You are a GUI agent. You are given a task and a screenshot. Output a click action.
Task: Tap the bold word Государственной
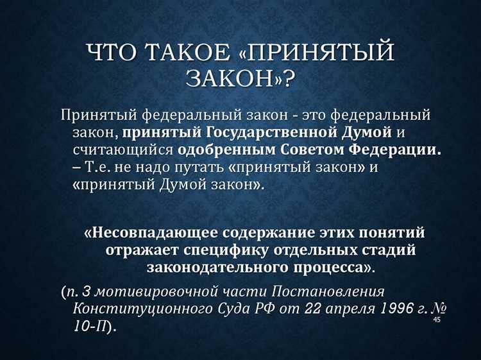tap(266, 133)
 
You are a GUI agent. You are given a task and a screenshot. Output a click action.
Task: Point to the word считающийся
tap(123, 150)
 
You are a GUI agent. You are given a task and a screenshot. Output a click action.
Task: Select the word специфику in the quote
tap(219, 249)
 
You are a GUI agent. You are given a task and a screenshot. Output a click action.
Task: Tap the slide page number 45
tap(437, 320)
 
